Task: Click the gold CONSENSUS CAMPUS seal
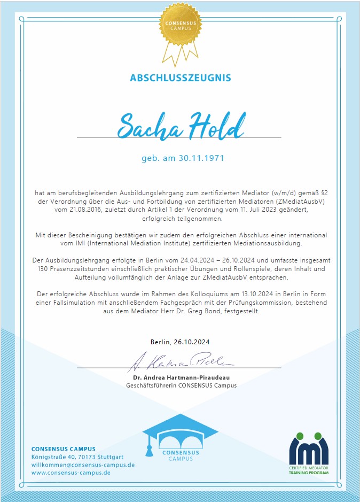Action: tap(180, 26)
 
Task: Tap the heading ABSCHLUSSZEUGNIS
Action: tap(181, 78)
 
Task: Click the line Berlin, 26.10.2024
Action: tap(180, 342)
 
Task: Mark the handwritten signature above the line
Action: tap(181, 363)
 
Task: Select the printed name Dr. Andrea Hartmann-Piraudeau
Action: tap(181, 378)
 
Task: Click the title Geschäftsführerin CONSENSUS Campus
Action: tap(181, 385)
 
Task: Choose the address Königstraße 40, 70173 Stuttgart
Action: tap(77, 457)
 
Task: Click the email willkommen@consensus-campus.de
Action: tap(83, 465)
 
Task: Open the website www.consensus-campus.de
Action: tap(71, 473)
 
